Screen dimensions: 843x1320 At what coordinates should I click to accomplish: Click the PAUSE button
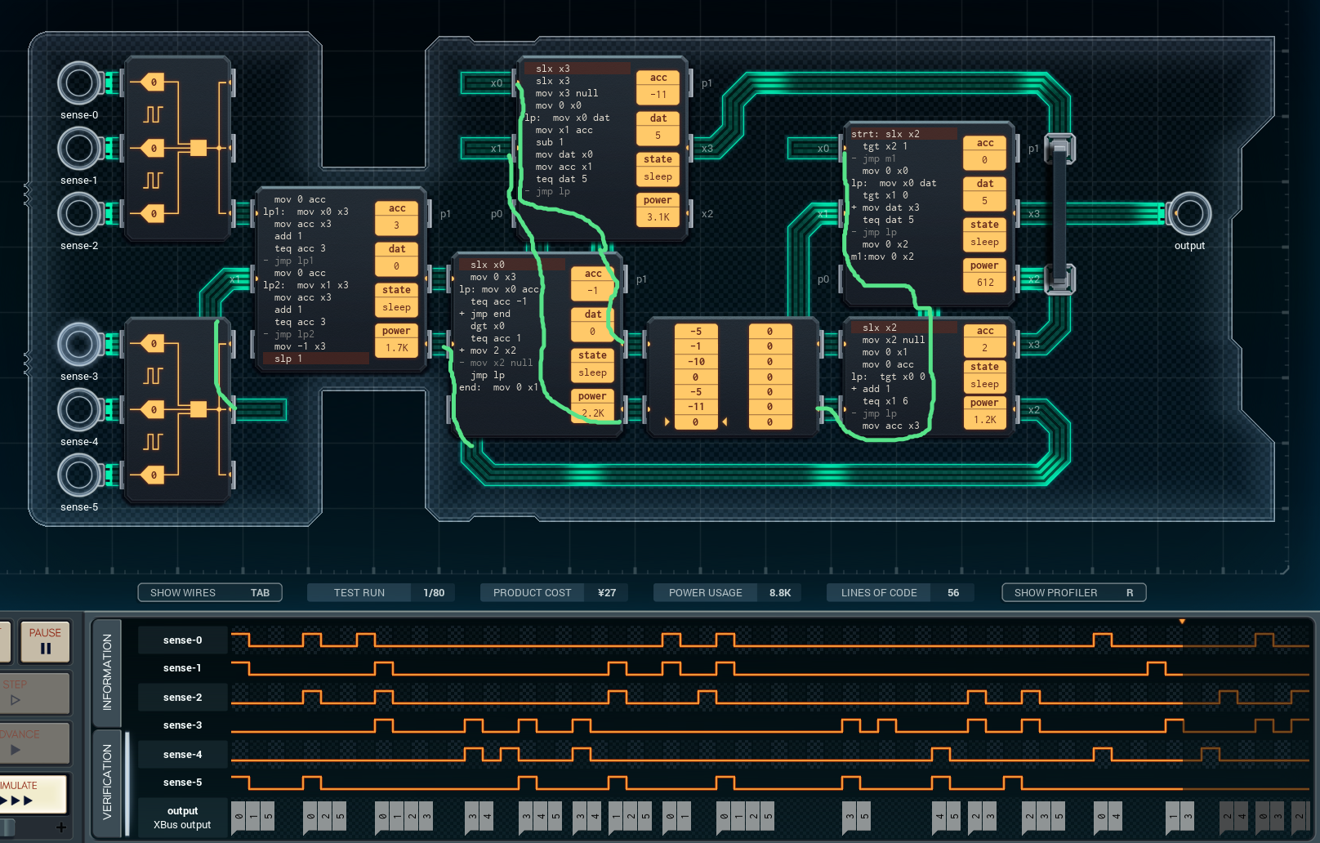[x=45, y=641]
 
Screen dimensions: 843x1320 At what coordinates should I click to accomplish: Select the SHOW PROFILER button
[x=1072, y=592]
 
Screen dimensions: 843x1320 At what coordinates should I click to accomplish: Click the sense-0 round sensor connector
[x=79, y=83]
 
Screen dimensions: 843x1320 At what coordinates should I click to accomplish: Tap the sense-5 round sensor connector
[x=79, y=475]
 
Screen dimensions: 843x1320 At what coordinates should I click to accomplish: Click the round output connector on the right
[x=1188, y=213]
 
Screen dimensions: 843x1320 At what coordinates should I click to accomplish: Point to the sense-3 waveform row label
[x=182, y=725]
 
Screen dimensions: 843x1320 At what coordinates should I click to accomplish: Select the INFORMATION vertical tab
[x=107, y=671]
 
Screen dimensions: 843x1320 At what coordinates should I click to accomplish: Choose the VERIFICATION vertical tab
[x=107, y=782]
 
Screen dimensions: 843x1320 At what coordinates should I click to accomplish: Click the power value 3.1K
[x=658, y=217]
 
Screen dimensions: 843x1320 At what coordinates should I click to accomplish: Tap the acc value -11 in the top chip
[x=658, y=95]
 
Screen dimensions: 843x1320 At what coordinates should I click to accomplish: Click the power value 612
[x=985, y=283]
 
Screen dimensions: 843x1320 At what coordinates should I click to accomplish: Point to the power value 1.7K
[x=396, y=348]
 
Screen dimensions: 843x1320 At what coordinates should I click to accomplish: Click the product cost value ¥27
[x=607, y=592]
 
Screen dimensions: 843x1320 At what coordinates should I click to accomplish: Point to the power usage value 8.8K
[x=779, y=592]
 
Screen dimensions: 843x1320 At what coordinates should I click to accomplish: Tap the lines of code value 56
[x=952, y=592]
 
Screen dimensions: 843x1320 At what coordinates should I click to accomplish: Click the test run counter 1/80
[x=434, y=592]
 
